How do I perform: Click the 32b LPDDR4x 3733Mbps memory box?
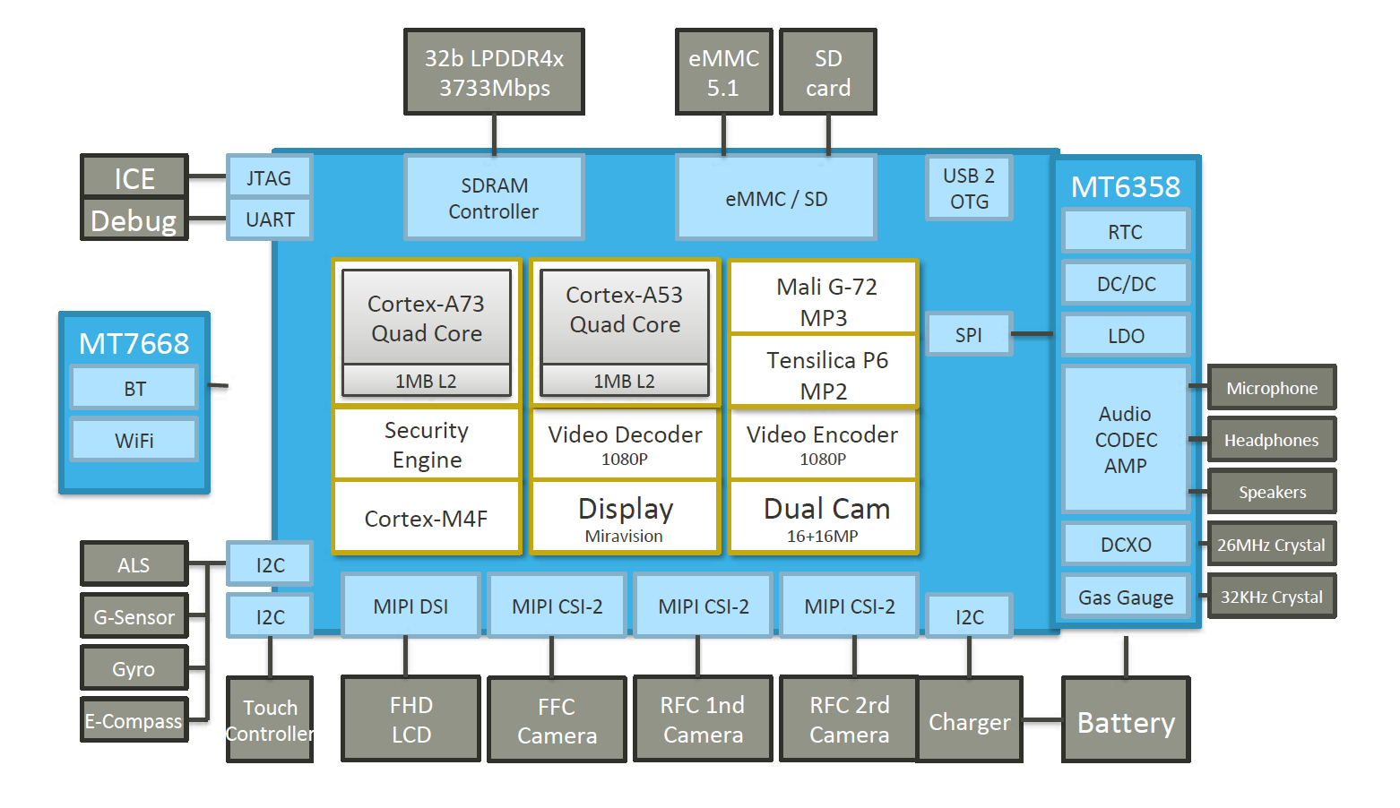pos(494,73)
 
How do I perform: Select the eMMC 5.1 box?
pos(723,73)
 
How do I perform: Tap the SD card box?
pos(828,73)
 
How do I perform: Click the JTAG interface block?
pos(269,177)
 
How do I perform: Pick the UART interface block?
pos(269,219)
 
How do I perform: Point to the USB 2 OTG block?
pos(969,188)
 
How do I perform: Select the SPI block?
pos(968,335)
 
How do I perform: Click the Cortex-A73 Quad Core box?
pos(427,318)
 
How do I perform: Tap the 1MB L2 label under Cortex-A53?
pos(625,382)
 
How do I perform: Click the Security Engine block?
pos(427,444)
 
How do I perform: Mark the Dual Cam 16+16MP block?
pos(824,518)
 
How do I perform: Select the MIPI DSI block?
pos(410,606)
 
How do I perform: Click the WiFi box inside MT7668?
pos(134,441)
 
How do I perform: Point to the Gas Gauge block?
pos(1126,597)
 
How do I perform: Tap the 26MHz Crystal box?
pos(1271,545)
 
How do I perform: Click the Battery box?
pos(1126,721)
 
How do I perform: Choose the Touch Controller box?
pos(270,720)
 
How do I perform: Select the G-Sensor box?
pos(134,617)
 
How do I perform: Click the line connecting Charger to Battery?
pos(1041,719)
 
